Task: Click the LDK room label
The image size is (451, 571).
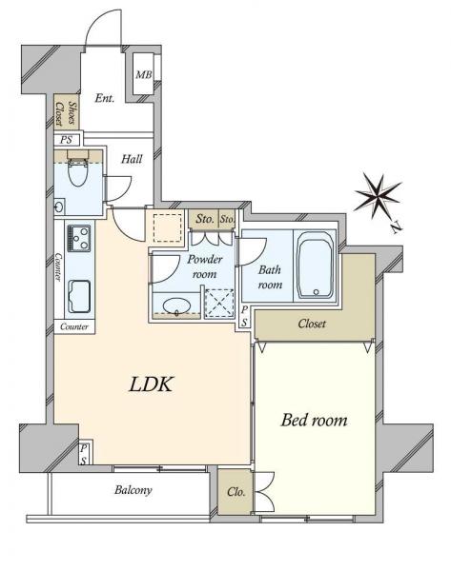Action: click(x=151, y=384)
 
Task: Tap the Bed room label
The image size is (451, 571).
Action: click(x=314, y=421)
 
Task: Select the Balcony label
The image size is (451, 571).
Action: click(x=133, y=490)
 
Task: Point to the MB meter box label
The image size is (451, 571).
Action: click(x=143, y=75)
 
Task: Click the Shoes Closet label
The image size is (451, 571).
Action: click(x=67, y=113)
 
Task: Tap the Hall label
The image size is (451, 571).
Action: click(x=132, y=159)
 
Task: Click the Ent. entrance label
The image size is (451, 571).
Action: click(x=104, y=98)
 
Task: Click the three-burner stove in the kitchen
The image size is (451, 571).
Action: click(x=78, y=239)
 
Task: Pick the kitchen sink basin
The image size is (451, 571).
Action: click(x=79, y=297)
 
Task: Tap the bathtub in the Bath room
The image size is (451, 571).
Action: click(x=316, y=266)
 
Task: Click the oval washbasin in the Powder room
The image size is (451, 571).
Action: click(x=177, y=305)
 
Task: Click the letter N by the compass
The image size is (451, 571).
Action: click(x=396, y=227)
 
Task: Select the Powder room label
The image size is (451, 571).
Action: click(x=204, y=266)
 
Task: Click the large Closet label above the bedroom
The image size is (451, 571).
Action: click(x=312, y=324)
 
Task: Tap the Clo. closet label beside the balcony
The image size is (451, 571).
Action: click(x=236, y=492)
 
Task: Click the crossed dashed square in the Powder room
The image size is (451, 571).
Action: click(x=219, y=303)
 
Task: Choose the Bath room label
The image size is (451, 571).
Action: click(x=270, y=277)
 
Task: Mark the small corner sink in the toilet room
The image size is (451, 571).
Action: click(x=59, y=207)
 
